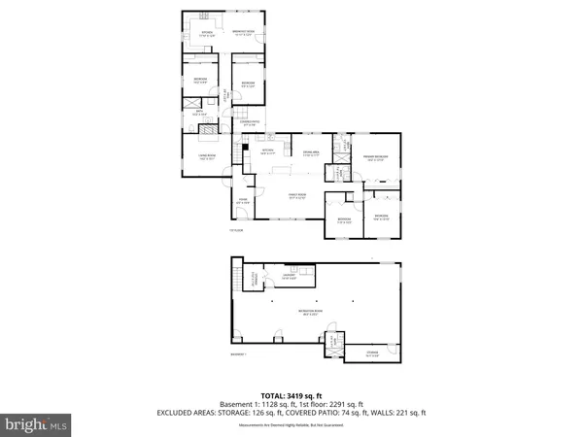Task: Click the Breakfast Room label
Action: coord(243,33)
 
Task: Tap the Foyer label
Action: coord(243,202)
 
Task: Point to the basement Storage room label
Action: coord(372,353)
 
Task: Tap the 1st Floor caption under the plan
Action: coord(235,230)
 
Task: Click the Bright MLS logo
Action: coord(36,424)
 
